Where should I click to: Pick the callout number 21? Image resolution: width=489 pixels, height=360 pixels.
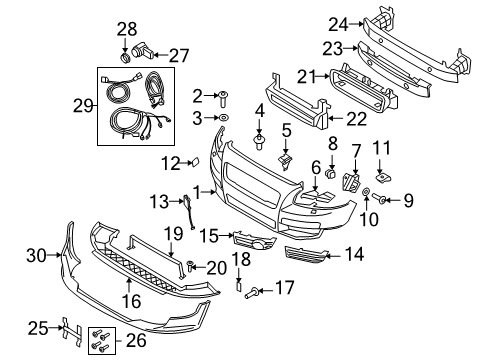tap(307, 74)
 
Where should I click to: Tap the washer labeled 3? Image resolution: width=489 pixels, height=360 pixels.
tap(223, 118)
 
